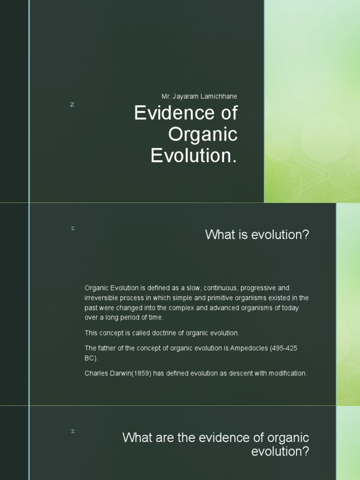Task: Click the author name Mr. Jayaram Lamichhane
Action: click(x=199, y=96)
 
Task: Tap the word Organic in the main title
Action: click(x=203, y=135)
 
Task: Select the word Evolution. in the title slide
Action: click(x=194, y=156)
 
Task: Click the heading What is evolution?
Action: click(x=257, y=235)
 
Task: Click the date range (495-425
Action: click(x=284, y=348)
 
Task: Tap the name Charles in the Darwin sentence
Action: click(x=96, y=374)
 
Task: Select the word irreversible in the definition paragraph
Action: click(x=102, y=298)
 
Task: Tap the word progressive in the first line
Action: click(x=259, y=287)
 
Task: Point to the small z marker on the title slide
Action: click(x=72, y=105)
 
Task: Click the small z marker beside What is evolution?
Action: click(x=73, y=228)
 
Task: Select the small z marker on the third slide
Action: click(x=73, y=431)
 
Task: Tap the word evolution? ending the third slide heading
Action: click(x=280, y=452)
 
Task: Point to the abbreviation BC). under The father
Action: click(x=91, y=358)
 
